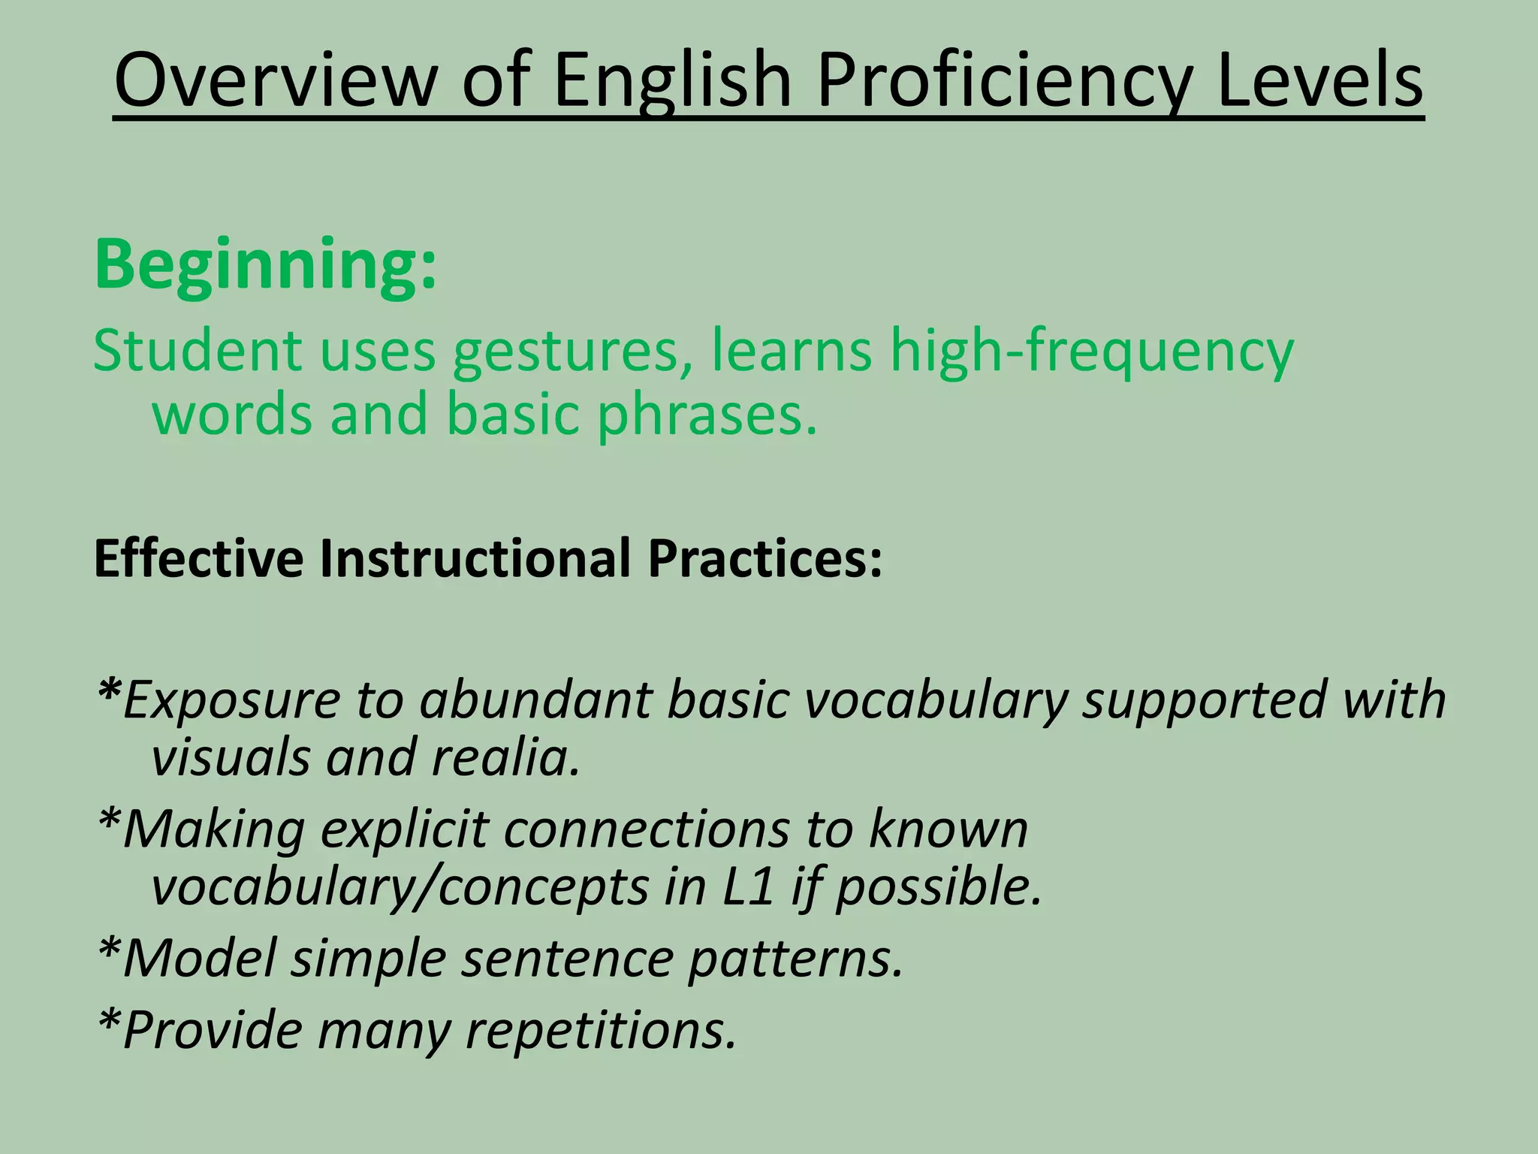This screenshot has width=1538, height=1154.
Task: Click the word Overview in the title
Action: pyautogui.click(x=275, y=80)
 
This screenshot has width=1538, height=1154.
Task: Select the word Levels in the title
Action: pyautogui.click(x=1319, y=80)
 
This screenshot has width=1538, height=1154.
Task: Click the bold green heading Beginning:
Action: pyautogui.click(x=265, y=265)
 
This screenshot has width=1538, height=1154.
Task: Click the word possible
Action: pyautogui.click(x=939, y=887)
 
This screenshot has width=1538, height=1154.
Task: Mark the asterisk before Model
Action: pyautogui.click(x=109, y=947)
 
